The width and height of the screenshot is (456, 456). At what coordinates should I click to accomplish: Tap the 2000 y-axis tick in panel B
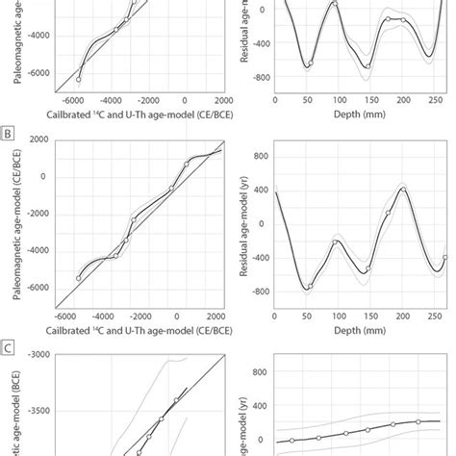(38, 139)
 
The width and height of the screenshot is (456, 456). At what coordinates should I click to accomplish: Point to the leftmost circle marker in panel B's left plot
(79, 278)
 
